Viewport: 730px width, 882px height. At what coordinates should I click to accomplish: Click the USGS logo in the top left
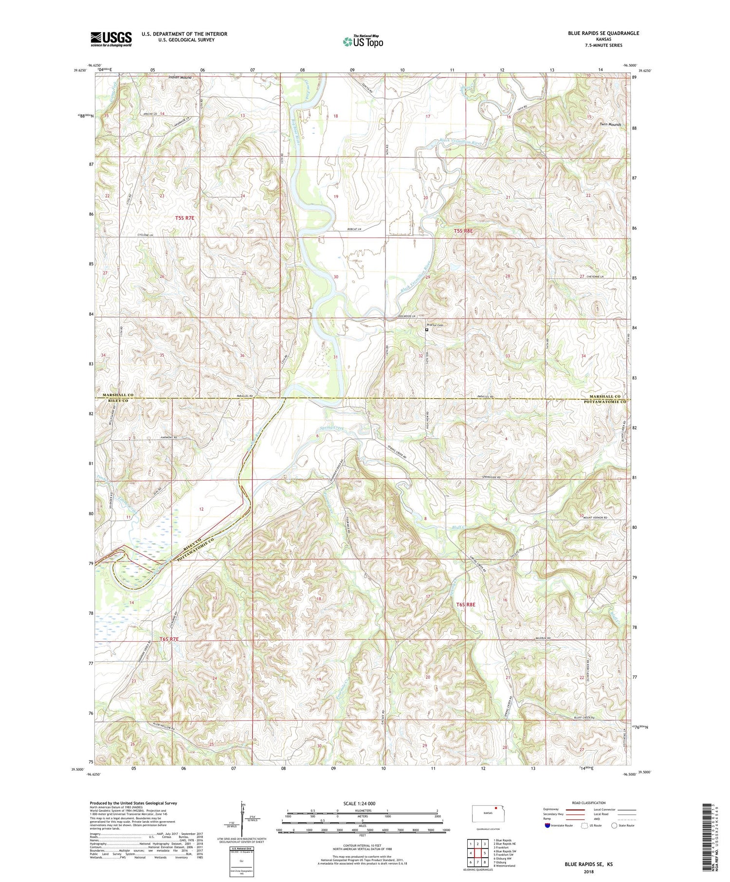coord(111,39)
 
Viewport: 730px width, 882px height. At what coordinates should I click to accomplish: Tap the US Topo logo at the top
coord(363,41)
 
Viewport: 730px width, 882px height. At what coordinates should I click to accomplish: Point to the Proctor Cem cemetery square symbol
coord(427,329)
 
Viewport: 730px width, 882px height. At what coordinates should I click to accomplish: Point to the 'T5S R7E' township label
coord(184,218)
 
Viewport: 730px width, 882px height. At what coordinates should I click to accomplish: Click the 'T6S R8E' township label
coord(465,604)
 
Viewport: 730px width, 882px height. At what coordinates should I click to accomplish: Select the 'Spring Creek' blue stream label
coord(332,428)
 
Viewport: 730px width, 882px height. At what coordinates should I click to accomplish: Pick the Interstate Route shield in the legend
coord(547,825)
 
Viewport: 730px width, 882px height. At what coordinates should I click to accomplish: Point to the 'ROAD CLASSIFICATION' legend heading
coord(589,803)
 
